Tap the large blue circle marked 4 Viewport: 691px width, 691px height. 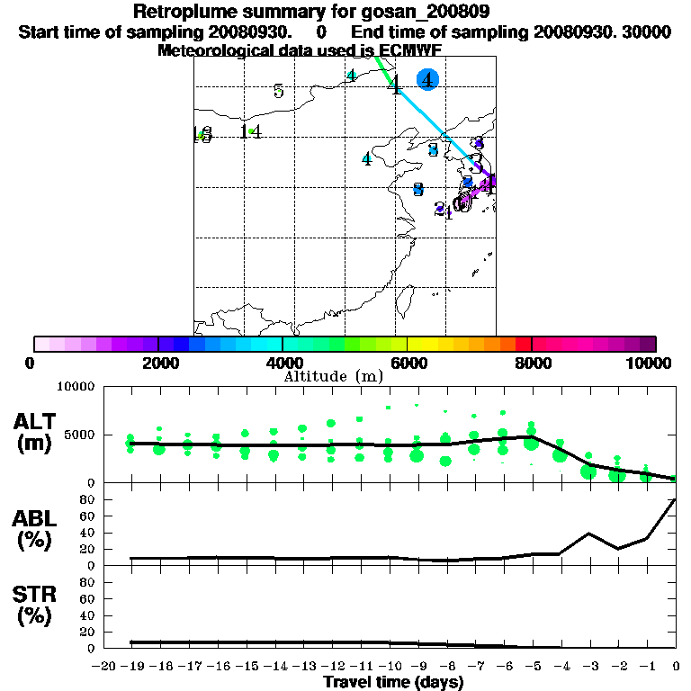tap(428, 80)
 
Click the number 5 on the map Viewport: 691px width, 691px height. tap(279, 91)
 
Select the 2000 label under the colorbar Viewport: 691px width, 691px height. tap(158, 363)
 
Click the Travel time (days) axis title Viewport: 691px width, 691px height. tap(394, 682)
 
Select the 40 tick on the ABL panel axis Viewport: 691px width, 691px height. tap(89, 533)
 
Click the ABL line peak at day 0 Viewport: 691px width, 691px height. tap(676, 499)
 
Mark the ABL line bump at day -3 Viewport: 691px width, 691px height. tap(589, 534)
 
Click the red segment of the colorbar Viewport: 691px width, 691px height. tap(522, 344)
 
